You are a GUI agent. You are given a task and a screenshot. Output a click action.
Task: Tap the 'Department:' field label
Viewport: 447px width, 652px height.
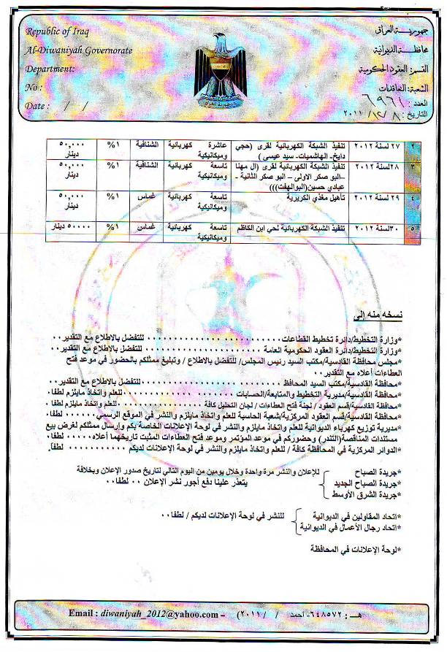pyautogui.click(x=50, y=69)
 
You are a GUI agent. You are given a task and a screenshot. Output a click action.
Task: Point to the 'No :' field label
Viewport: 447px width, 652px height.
pyautogui.click(x=34, y=87)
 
